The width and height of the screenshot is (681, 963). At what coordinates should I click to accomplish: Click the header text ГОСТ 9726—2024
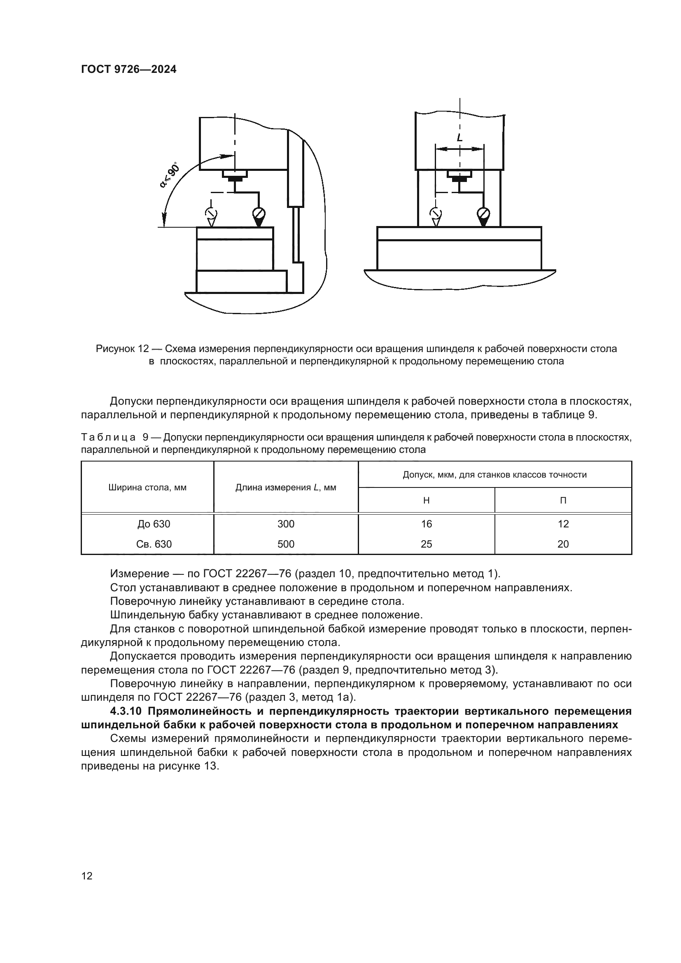(129, 70)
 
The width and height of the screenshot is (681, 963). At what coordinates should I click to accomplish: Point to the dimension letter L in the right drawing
(459, 138)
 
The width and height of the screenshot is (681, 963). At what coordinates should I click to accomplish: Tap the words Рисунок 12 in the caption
(122, 349)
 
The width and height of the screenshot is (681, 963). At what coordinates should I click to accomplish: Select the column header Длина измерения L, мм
(286, 487)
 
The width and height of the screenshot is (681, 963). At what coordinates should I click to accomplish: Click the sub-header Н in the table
(426, 500)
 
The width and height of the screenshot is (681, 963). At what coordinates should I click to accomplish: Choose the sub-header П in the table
(563, 500)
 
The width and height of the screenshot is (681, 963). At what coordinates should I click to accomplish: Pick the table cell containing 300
(286, 524)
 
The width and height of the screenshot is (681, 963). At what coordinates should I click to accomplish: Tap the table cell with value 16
(426, 524)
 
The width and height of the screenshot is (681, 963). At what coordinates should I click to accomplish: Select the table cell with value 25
(426, 544)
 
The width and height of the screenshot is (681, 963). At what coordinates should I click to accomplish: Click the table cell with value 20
(563, 544)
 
